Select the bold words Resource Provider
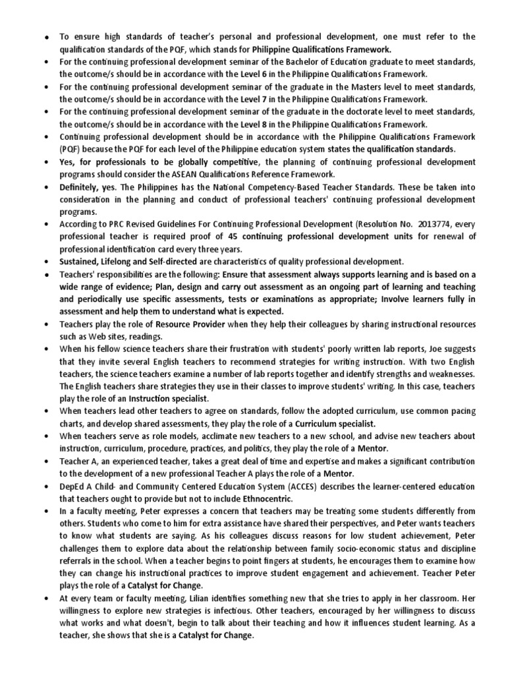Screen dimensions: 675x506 click(x=190, y=324)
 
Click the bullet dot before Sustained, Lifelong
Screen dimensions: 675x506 click(x=46, y=262)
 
